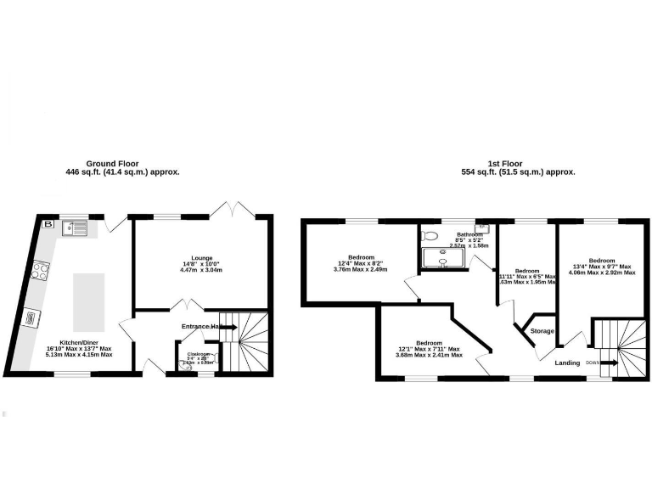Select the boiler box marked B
pyautogui.click(x=48, y=225)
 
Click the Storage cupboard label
pyautogui.click(x=542, y=331)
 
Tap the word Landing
pyautogui.click(x=567, y=363)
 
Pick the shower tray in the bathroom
pyautogui.click(x=442, y=256)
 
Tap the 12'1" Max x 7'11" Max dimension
pyautogui.click(x=429, y=349)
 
